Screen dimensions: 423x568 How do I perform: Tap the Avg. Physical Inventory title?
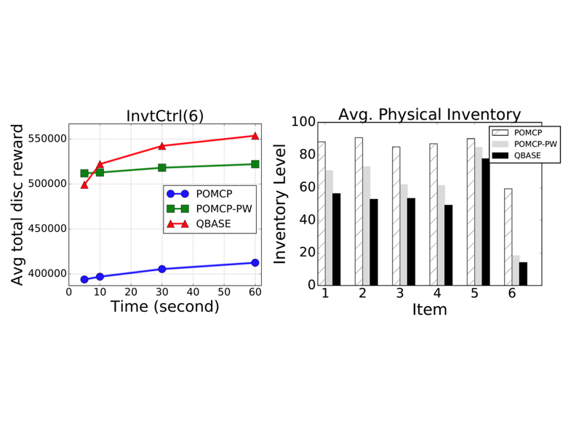pyautogui.click(x=429, y=115)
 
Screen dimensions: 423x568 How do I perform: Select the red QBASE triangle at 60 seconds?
pyautogui.click(x=255, y=136)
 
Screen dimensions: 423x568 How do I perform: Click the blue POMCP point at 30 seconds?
pyautogui.click(x=161, y=269)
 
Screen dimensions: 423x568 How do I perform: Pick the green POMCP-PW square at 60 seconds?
pyautogui.click(x=255, y=164)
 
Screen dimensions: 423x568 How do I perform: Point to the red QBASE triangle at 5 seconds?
pyautogui.click(x=84, y=185)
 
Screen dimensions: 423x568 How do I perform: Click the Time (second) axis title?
pyautogui.click(x=164, y=307)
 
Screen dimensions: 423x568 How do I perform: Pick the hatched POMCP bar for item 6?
pyautogui.click(x=507, y=237)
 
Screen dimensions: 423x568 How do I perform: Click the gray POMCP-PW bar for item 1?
pyautogui.click(x=329, y=227)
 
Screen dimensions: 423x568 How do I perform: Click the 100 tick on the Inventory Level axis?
pyautogui.click(x=303, y=123)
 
